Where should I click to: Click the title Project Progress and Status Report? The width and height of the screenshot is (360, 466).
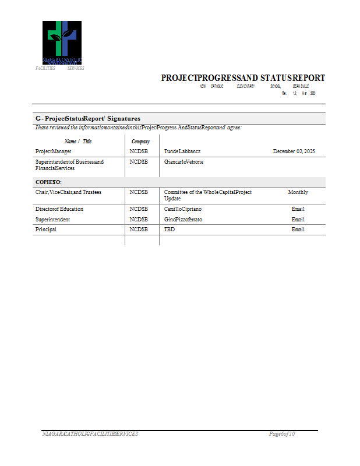tap(243, 78)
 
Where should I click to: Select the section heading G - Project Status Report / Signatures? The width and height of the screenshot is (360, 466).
tap(88, 118)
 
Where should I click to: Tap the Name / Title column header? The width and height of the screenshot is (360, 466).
tap(78, 141)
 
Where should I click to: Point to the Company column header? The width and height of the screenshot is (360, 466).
tap(140, 141)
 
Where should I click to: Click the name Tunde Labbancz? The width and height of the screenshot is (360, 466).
tap(182, 151)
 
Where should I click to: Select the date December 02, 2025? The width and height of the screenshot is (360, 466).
tap(294, 151)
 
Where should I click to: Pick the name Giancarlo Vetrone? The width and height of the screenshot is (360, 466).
tap(184, 162)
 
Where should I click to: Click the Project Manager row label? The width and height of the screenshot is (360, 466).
tap(54, 151)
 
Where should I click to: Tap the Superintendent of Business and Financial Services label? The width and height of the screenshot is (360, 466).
tap(69, 165)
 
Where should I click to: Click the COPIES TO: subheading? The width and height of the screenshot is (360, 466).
tap(48, 182)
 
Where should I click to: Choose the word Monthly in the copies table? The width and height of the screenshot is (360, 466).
tap(298, 192)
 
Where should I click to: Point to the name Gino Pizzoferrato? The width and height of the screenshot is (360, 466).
tap(183, 220)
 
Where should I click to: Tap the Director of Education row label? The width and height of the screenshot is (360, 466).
tap(59, 209)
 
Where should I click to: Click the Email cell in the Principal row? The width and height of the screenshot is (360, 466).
tap(298, 230)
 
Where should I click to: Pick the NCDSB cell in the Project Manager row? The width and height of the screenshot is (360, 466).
tap(139, 151)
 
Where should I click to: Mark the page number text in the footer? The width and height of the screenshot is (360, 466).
tap(282, 434)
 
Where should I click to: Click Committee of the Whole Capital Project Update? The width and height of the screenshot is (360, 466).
tap(207, 195)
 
